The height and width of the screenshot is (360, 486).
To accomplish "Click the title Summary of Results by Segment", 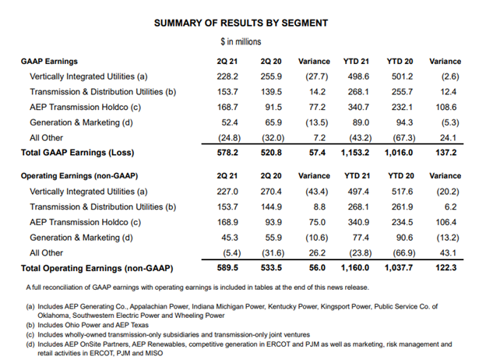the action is (241, 23).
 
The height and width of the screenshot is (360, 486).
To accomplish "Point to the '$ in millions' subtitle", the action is (241, 41).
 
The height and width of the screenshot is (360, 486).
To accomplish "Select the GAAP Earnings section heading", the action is (49, 62).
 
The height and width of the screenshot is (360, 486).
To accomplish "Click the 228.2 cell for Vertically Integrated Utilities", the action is (227, 76).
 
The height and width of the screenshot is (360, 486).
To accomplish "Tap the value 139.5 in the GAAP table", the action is (271, 92).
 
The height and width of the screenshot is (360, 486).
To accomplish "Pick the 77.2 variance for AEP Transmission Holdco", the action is (317, 108).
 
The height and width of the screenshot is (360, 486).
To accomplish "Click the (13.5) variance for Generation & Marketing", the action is (316, 122).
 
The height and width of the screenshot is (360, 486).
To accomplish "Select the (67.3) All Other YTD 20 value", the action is (404, 138).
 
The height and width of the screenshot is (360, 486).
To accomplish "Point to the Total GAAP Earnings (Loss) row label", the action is (77, 153).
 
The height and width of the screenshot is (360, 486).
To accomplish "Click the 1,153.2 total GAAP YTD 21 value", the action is (355, 153).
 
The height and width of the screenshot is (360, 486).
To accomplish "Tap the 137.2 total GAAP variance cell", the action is (445, 153).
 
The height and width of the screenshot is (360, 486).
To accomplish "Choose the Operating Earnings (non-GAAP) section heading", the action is (79, 176).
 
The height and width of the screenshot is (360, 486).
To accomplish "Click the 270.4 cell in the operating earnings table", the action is (271, 192).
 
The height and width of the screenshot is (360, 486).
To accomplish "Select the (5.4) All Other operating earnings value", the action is (231, 253).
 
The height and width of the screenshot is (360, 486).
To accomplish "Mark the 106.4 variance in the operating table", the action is (445, 222).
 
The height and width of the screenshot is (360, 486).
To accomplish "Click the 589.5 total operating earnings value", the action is (227, 267).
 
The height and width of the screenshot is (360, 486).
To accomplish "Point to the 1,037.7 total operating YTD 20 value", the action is (399, 267).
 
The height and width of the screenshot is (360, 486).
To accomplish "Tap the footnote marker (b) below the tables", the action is (30, 325).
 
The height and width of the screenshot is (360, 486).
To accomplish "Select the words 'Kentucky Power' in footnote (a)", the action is (293, 306).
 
